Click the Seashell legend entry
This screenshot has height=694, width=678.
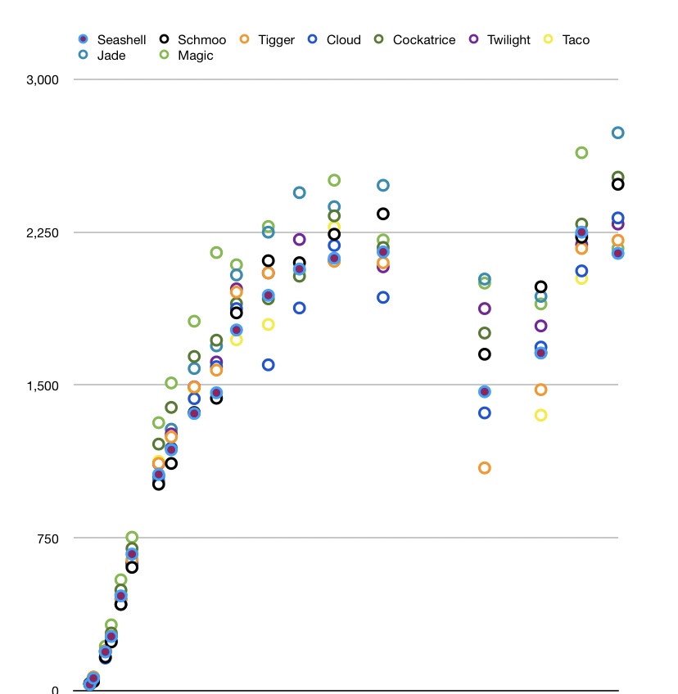click(111, 39)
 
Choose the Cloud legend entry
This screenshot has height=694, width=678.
click(334, 39)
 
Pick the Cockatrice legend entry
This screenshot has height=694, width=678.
click(415, 39)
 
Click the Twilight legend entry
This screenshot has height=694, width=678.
click(500, 39)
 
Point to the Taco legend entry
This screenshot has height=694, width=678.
click(567, 39)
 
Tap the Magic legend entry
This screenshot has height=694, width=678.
click(188, 55)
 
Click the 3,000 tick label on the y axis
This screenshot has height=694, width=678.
click(43, 80)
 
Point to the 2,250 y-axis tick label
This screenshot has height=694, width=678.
click(43, 232)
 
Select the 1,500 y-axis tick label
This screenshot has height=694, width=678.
click(43, 385)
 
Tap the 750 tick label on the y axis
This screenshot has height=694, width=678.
click(48, 538)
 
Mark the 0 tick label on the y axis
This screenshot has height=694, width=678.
click(56, 690)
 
